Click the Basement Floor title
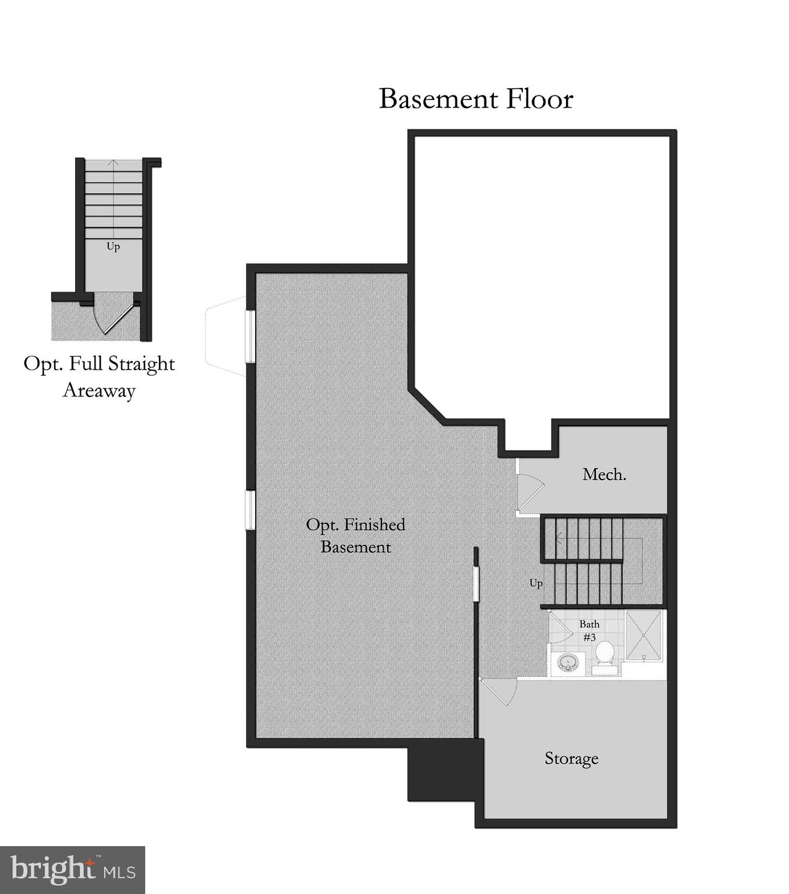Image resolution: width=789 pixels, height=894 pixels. point(476,99)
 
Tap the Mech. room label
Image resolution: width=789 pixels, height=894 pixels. point(604,474)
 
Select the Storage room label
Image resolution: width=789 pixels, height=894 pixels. point(571,758)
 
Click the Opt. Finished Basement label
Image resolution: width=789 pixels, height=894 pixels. point(355,535)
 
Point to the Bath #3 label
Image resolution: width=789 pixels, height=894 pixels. point(589,630)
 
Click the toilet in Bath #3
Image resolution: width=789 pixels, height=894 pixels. point(605,655)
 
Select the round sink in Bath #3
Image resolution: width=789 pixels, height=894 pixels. point(568,663)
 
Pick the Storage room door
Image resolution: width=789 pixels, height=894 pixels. point(498,692)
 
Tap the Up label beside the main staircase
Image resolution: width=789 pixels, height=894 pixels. point(536,583)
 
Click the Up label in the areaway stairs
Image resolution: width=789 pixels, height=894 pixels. point(113,246)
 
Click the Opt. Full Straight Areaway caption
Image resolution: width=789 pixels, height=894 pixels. point(99,376)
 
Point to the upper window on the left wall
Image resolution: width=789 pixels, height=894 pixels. point(250,336)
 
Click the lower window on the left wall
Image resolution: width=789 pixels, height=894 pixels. point(250,510)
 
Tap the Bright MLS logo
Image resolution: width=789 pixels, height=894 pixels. point(72,870)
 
